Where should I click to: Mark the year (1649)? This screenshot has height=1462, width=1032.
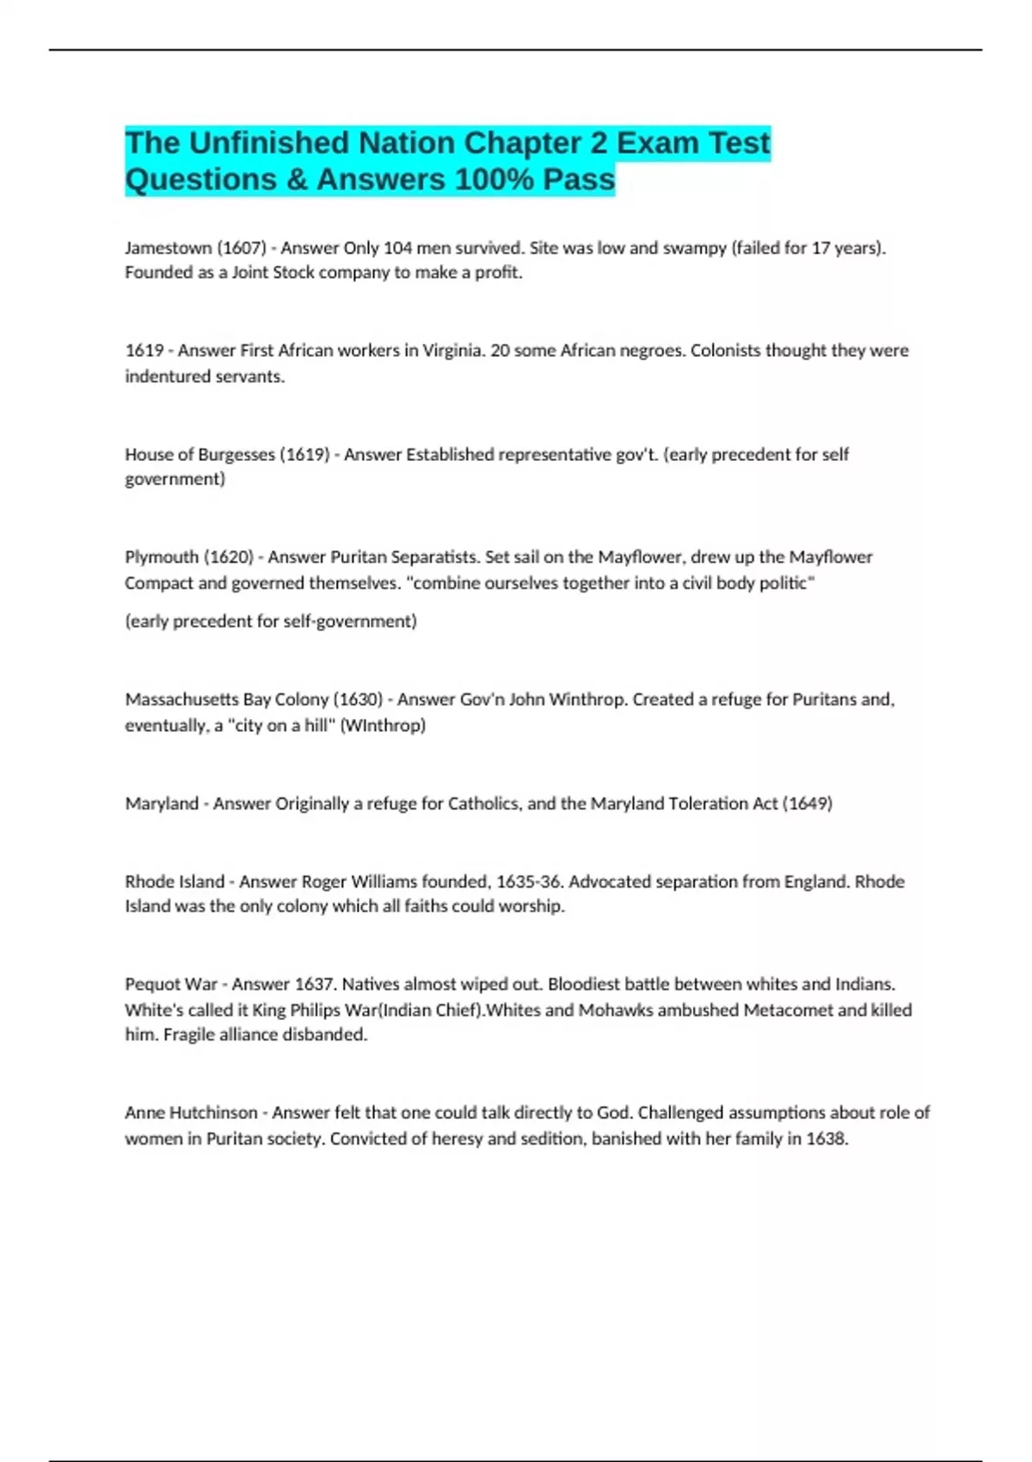point(807,803)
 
